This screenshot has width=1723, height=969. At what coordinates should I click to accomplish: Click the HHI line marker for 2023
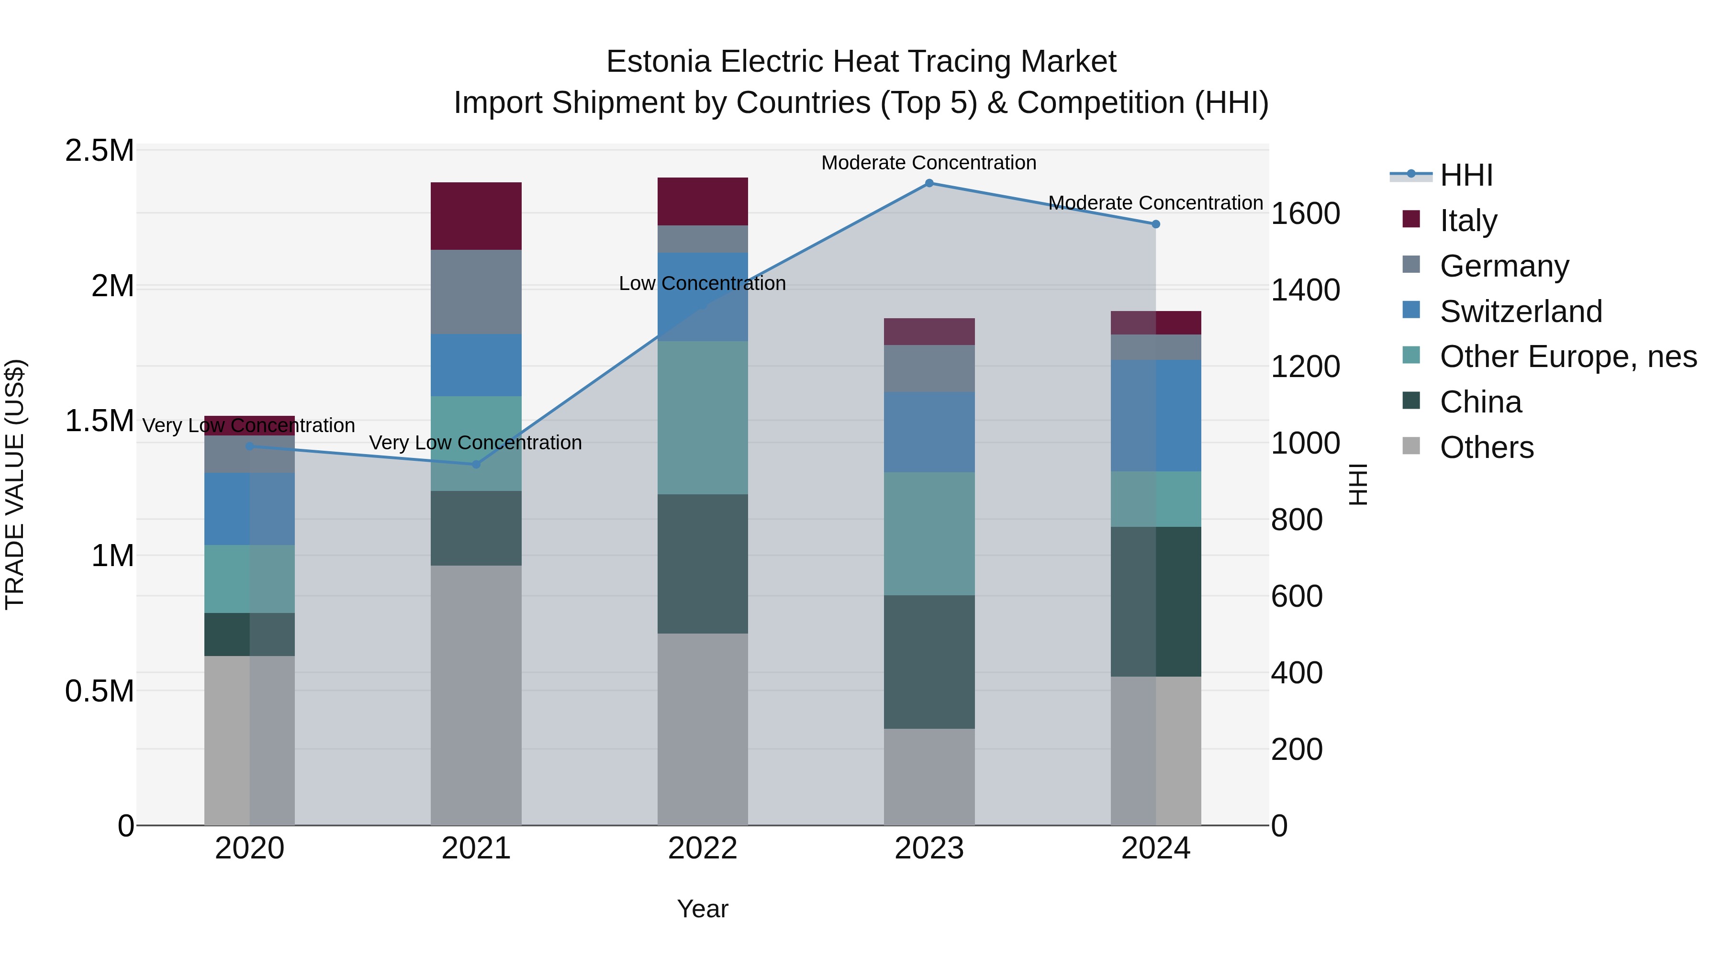pos(929,183)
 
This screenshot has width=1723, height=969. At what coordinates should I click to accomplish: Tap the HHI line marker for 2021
pos(476,464)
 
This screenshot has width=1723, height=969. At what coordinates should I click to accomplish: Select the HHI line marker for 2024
pos(1156,224)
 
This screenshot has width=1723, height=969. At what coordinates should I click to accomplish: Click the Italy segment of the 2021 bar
pos(476,215)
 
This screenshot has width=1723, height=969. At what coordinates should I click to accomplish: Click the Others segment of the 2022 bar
pos(702,729)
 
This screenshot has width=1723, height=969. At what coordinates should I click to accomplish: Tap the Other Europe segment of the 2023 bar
pos(929,534)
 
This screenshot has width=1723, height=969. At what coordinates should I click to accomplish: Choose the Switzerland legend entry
pos(1521,312)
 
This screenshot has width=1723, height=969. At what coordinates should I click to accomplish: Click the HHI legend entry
pos(1466,175)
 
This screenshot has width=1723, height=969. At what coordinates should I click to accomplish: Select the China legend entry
pos(1480,402)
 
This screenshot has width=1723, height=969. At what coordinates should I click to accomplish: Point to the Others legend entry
pos(1486,448)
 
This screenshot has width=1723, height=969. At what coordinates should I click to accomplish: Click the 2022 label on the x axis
pos(702,848)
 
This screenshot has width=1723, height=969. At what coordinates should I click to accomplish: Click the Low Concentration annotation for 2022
pos(702,284)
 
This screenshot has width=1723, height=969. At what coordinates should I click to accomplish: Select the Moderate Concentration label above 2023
pos(929,163)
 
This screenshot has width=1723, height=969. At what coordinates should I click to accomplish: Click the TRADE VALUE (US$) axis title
pos(15,484)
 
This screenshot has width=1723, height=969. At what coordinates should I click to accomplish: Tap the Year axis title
pos(702,909)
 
